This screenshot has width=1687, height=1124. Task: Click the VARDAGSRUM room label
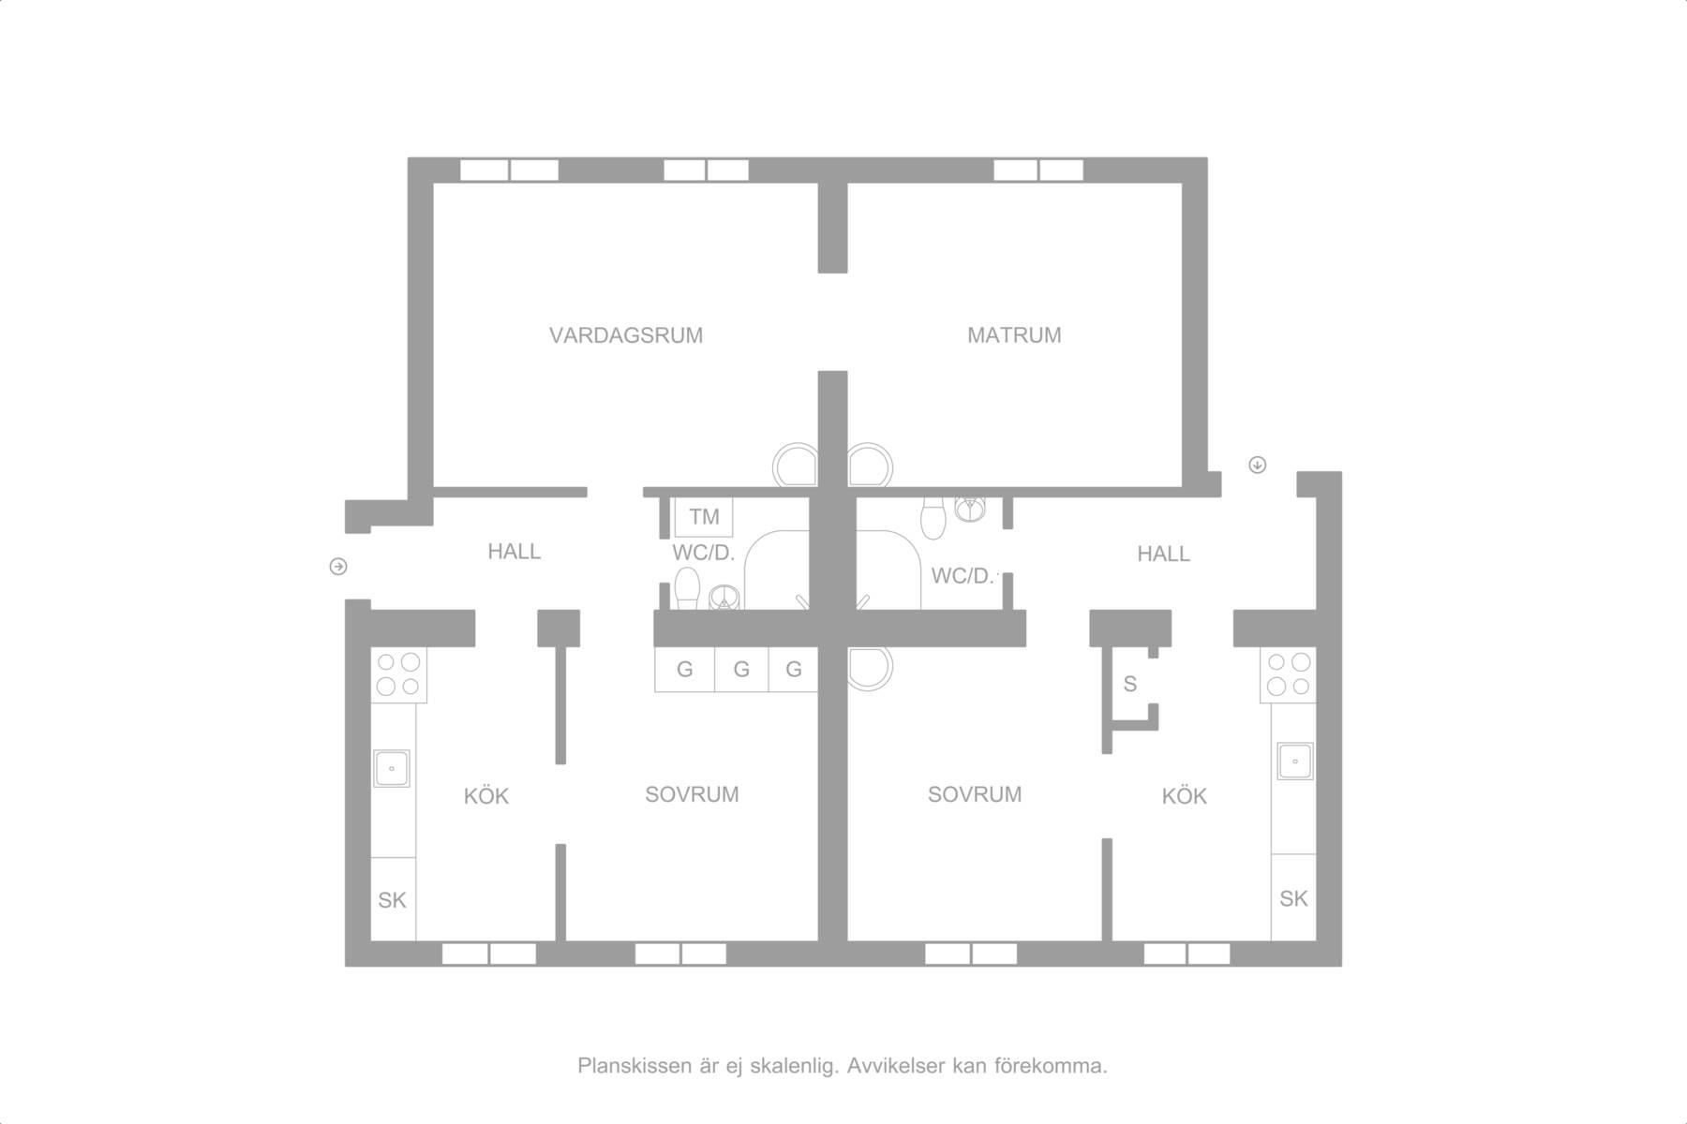coord(626,335)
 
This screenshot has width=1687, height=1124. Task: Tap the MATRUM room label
coord(1014,335)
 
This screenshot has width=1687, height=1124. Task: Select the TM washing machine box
coord(704,516)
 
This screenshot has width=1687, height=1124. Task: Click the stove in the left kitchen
coord(398,674)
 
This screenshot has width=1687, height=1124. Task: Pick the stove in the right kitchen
coord(1288,674)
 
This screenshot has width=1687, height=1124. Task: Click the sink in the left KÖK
coord(392,768)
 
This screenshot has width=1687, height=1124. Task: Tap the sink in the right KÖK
coord(1295,761)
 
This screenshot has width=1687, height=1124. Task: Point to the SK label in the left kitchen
coord(392,900)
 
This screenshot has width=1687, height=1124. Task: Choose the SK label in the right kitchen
coord(1293,898)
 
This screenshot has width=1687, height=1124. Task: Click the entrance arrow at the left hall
coord(338,567)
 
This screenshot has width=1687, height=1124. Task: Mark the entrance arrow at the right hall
coord(1258,465)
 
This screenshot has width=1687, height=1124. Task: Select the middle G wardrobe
coord(741,669)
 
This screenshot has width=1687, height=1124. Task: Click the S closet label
coord(1130,685)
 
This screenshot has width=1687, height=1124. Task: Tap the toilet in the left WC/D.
coord(687,588)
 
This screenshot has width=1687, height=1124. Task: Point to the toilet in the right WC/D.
coord(933,518)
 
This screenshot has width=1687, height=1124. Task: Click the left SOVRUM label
coord(692,794)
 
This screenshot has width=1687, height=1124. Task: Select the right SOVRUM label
coord(975,794)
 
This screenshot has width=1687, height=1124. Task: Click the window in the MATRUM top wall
coord(1038,170)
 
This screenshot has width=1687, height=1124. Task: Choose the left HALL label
coord(515,552)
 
